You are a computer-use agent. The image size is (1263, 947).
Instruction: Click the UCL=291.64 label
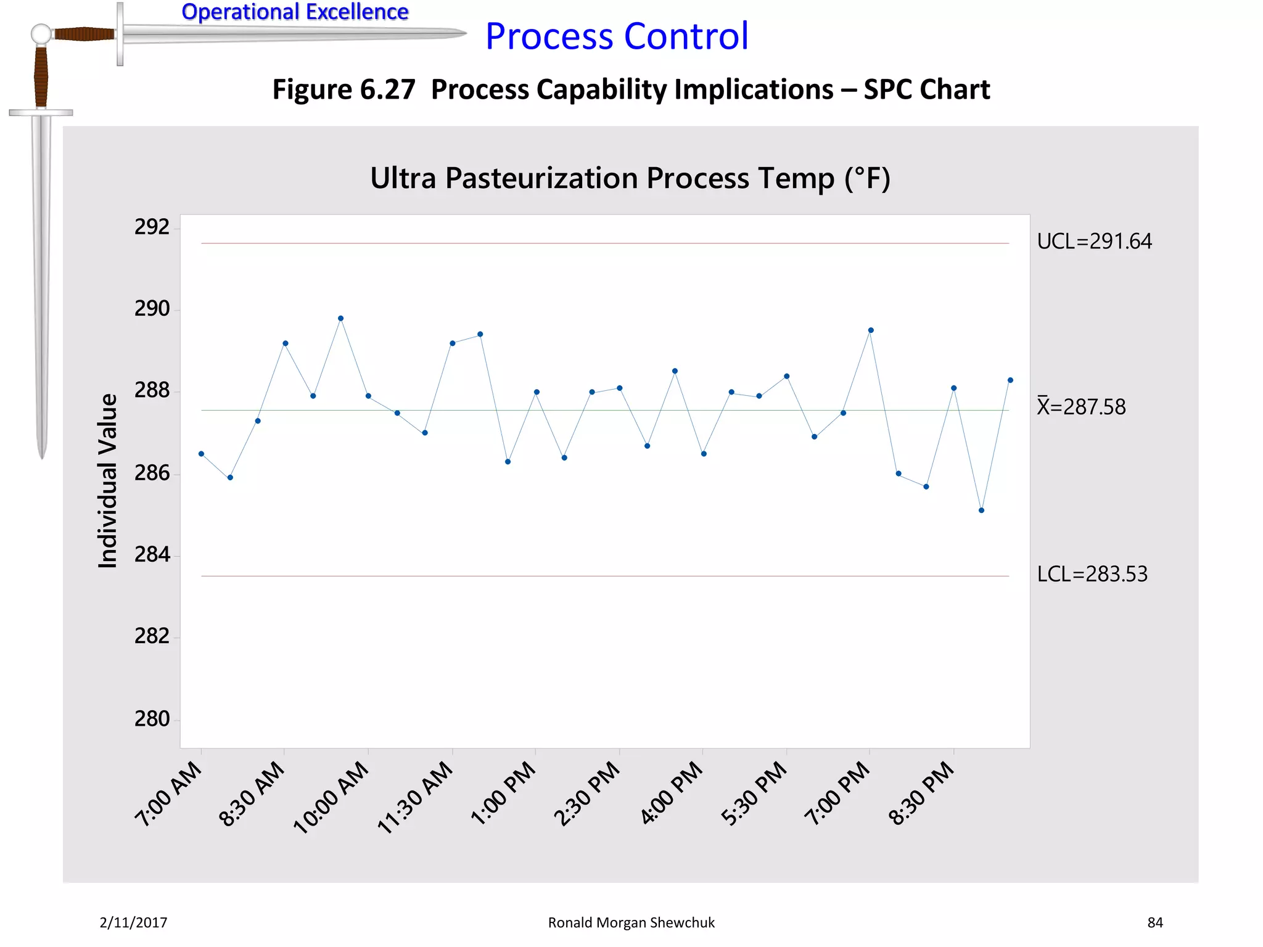(1094, 241)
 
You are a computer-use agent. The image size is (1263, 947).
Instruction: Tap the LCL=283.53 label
(1092, 574)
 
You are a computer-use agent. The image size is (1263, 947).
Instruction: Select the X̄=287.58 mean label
(1081, 407)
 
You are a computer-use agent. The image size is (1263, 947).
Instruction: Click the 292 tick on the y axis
(152, 228)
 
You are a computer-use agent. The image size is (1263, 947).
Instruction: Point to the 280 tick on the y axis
(152, 719)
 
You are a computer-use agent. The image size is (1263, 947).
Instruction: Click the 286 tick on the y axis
(152, 473)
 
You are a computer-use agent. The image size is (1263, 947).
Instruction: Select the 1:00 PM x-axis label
(503, 793)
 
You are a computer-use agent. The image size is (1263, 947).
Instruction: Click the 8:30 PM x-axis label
(921, 793)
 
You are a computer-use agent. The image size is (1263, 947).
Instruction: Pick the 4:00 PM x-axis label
(672, 793)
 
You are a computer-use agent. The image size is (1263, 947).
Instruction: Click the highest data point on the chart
(341, 319)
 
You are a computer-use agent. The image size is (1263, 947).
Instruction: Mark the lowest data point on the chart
(981, 510)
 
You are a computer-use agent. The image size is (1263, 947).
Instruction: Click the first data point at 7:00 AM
(201, 454)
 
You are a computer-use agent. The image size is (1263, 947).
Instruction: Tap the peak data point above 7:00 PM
(871, 330)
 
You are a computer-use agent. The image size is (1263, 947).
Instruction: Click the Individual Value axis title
(108, 481)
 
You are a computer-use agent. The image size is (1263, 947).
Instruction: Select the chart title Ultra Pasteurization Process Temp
(630, 179)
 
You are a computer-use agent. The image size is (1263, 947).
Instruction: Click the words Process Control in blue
(617, 36)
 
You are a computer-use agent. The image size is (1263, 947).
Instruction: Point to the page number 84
(1154, 922)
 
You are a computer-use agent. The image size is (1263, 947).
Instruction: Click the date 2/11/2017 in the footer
(133, 922)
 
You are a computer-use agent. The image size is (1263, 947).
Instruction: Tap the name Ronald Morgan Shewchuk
(631, 922)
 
